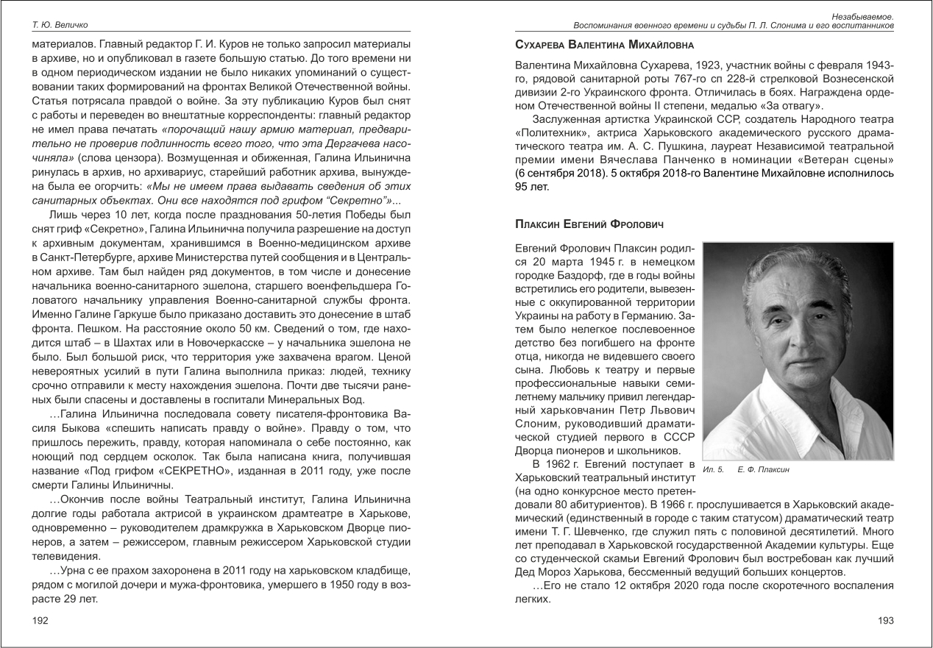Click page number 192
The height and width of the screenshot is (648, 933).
tap(40, 621)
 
